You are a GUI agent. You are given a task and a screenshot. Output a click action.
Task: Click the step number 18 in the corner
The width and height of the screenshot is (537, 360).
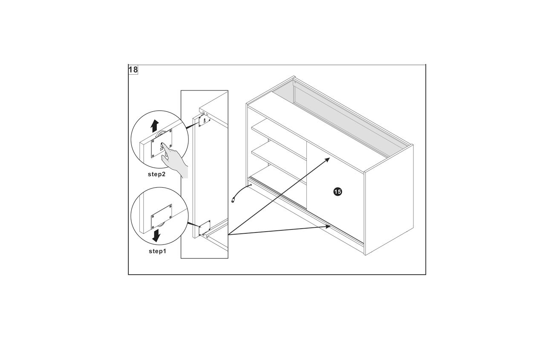[x=133, y=70]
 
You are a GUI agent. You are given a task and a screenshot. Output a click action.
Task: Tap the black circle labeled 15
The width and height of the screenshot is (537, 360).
[x=338, y=192]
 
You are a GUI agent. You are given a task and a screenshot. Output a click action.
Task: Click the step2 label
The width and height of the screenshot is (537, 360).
[x=157, y=174]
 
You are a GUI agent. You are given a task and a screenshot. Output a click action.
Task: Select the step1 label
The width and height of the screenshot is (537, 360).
[x=158, y=251]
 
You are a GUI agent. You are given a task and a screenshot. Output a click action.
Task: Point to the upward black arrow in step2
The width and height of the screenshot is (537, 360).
[x=155, y=126]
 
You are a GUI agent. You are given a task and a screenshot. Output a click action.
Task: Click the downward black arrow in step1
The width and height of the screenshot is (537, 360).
[x=156, y=235]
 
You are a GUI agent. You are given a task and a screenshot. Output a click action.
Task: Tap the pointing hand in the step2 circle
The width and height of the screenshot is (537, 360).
[x=174, y=160]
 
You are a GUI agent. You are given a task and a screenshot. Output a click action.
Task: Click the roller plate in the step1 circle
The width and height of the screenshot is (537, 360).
[x=162, y=217]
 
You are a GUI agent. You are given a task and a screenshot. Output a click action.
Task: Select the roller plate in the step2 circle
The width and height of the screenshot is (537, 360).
[x=162, y=143]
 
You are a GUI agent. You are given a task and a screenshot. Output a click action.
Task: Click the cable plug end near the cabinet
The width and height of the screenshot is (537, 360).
[x=233, y=200]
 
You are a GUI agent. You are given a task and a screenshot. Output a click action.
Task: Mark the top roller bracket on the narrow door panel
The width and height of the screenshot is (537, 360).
[x=204, y=120]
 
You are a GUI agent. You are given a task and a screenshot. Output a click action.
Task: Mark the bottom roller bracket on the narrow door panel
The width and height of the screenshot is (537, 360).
[x=205, y=227]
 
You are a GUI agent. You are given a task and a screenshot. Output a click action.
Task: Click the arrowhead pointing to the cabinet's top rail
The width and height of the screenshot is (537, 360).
[x=327, y=160]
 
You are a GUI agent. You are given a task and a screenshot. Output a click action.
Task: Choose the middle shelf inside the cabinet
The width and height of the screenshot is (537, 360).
[x=279, y=162]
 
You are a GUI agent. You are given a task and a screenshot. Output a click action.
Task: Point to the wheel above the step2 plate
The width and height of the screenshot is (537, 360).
[x=161, y=133]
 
